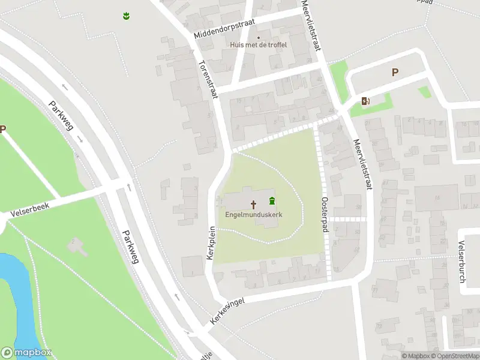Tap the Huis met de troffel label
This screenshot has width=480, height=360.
coord(259,44)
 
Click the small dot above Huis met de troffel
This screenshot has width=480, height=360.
coord(259,38)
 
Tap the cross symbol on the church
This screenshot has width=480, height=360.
coord(253,204)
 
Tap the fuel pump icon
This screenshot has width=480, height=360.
coord(365,101)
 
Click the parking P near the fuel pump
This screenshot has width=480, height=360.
coord(395,73)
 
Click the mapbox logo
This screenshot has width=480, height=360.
coord(26,353)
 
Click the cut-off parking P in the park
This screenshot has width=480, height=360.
coord(3,129)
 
